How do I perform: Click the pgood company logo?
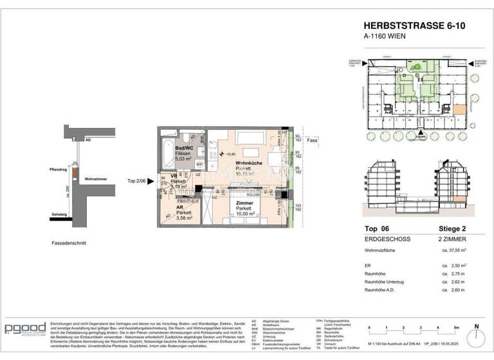[x=24, y=329]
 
